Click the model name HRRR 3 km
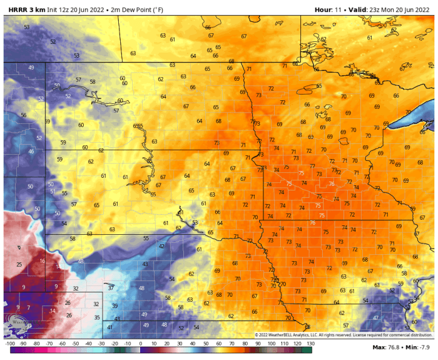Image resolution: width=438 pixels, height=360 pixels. tap(26, 9)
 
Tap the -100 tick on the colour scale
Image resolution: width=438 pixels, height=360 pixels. tap(10, 344)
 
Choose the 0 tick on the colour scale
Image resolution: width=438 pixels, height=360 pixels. tap(140, 344)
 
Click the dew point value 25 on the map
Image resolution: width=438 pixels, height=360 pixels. tap(19, 265)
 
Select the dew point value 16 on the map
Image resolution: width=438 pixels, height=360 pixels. tap(42, 260)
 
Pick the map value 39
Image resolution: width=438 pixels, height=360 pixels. tap(115, 306)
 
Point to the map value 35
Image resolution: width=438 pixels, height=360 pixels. tap(97, 317)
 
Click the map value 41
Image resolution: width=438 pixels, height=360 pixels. tap(109, 327)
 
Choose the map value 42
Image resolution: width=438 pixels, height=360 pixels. tap(161, 246)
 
